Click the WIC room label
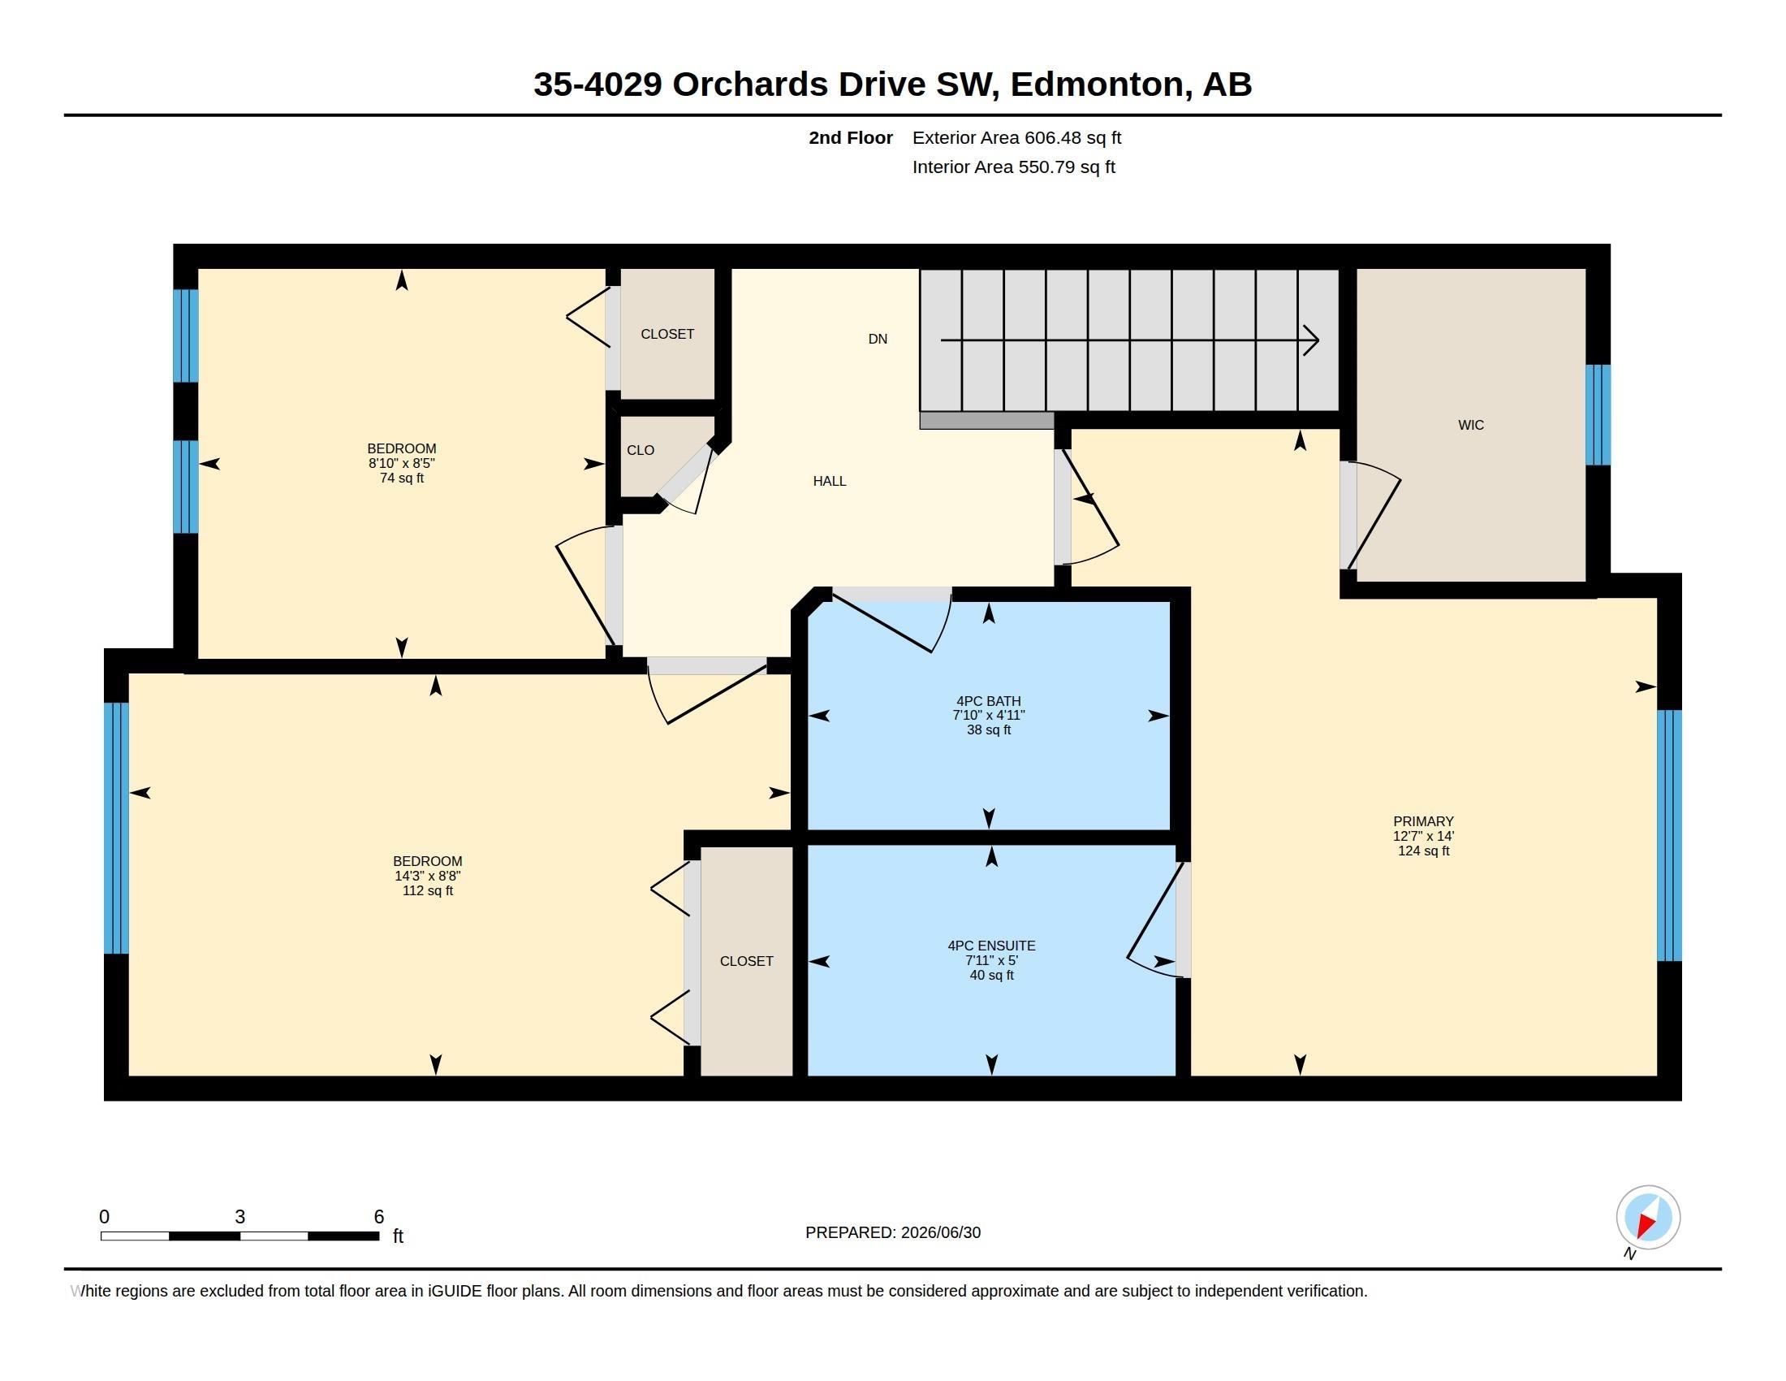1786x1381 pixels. (x=1470, y=425)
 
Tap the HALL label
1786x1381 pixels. (x=829, y=481)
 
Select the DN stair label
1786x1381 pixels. (x=878, y=339)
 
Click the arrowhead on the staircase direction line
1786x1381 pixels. (x=1311, y=340)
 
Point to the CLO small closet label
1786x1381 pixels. (x=641, y=450)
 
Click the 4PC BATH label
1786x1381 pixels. (x=989, y=701)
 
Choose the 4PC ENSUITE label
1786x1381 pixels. (x=991, y=946)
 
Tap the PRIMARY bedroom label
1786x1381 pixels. (x=1423, y=821)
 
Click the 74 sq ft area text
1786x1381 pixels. (x=402, y=478)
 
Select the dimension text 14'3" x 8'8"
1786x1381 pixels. (x=428, y=876)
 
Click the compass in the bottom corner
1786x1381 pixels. (x=1648, y=1218)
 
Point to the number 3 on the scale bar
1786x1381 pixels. (x=239, y=1217)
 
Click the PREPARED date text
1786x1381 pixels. (x=893, y=1232)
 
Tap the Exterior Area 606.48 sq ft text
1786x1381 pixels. (x=1016, y=137)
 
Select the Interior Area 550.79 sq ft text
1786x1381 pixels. (x=1013, y=167)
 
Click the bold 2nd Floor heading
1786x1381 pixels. (x=851, y=137)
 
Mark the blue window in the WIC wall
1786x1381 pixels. (x=1598, y=415)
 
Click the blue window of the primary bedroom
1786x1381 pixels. (x=1669, y=835)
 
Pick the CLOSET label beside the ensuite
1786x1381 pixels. (x=746, y=961)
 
